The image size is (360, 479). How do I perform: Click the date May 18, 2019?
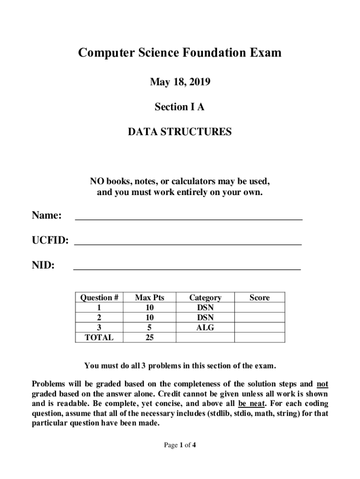tap(180, 83)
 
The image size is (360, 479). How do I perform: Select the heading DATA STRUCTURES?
tap(180, 132)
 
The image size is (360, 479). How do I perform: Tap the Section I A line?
tap(180, 107)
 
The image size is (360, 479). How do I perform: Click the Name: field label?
tap(47, 216)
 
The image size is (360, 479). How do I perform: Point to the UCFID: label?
tap(50, 241)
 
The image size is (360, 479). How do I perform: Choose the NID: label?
tap(43, 266)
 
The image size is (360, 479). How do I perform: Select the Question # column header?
tap(99, 298)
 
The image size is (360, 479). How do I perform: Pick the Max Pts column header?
tap(150, 298)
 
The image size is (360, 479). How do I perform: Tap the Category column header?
tap(205, 298)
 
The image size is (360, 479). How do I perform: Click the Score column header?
tap(259, 298)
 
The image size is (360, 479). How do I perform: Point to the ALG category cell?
tap(205, 328)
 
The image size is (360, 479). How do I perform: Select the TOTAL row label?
tap(99, 338)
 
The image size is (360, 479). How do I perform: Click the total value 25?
tap(150, 338)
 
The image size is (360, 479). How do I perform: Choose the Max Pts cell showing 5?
tap(150, 328)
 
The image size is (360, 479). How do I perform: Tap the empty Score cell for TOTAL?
tap(259, 338)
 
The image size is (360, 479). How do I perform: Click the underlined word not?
tap(323, 385)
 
